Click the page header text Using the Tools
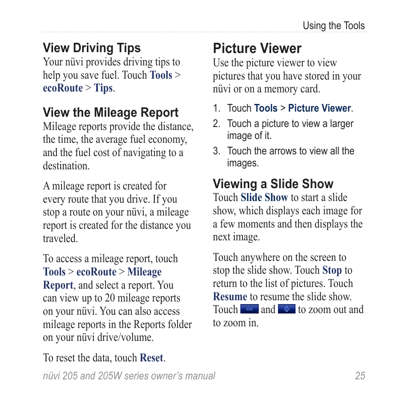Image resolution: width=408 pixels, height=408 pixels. click(334, 26)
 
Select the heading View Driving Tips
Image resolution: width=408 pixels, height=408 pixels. click(92, 48)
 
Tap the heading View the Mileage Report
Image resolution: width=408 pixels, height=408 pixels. click(110, 112)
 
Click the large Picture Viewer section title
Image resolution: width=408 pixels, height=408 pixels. click(257, 48)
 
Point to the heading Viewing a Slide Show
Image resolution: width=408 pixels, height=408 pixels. click(273, 184)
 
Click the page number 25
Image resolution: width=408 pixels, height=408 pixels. click(360, 376)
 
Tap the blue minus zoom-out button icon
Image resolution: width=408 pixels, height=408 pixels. click(249, 309)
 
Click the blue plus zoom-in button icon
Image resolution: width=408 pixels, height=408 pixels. click(287, 309)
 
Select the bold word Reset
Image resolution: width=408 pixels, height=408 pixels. click(151, 358)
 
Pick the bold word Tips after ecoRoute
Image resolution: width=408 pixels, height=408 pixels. click(103, 88)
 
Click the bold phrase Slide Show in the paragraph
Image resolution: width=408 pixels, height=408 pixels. click(264, 198)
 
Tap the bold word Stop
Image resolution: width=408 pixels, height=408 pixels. click(332, 270)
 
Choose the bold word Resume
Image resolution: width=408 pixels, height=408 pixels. click(230, 296)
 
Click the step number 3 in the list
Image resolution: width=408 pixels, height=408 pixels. click(216, 151)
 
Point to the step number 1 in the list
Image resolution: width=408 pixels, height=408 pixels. click(216, 109)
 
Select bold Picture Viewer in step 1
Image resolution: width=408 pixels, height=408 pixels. click(319, 109)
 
